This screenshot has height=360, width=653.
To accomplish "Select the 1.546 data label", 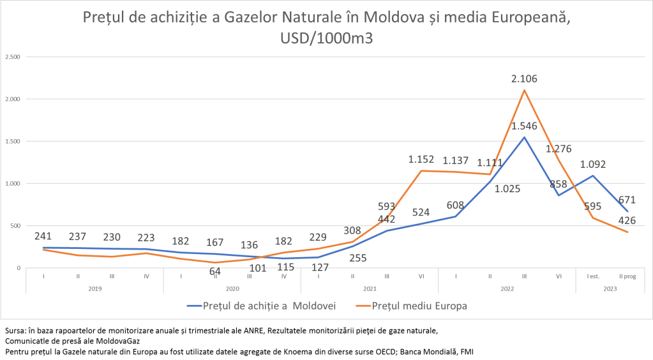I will coord(524,125).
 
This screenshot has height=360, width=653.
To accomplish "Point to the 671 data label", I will coord(627,200).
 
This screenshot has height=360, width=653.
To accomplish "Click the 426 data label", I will coord(627,221).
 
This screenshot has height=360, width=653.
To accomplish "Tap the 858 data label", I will coord(559,184).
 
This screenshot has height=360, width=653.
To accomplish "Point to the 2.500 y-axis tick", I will coord(13,57).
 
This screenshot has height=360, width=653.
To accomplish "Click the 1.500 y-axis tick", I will coord(13,142).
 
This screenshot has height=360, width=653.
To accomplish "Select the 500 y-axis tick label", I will coord(15,226).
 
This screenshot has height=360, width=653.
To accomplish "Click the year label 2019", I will coord(94,289).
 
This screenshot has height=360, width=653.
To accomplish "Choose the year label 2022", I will coord(507,289).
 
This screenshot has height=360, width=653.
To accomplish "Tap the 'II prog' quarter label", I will coord(627,276).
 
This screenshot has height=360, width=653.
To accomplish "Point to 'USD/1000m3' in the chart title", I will coord(326,37).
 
